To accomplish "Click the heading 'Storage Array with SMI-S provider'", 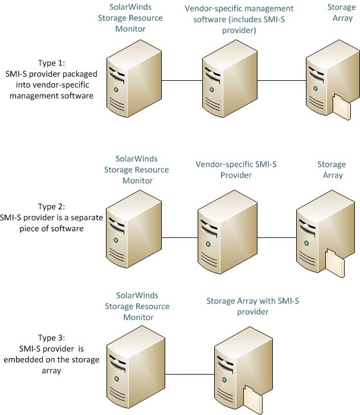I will click(x=252, y=306).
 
